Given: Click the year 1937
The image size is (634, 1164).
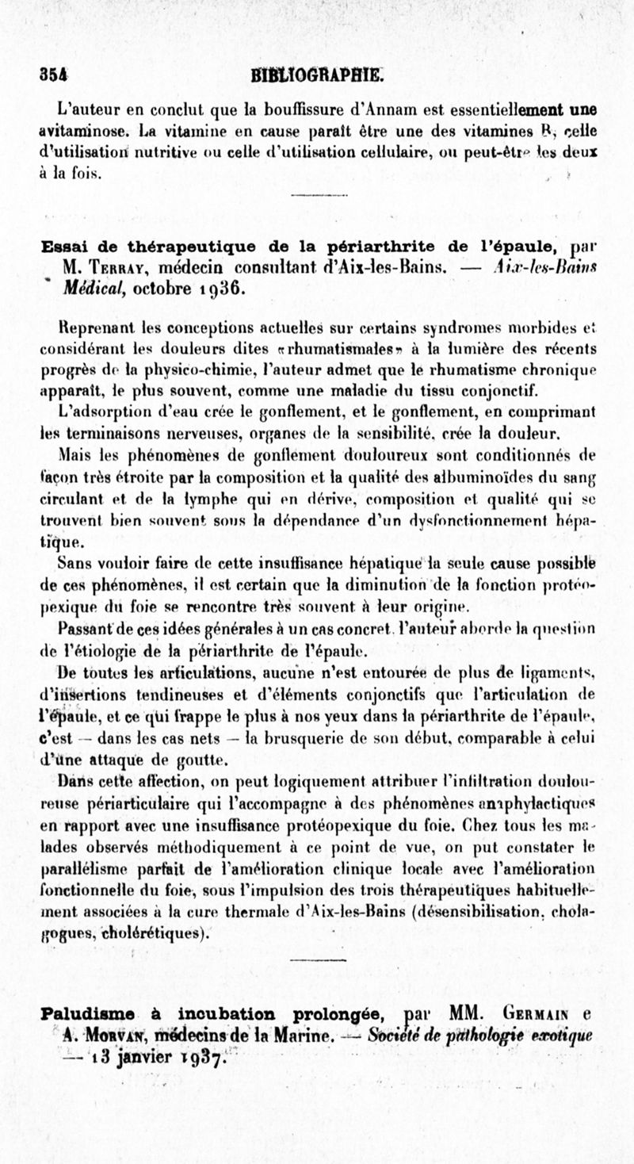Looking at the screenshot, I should [x=201, y=1057].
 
